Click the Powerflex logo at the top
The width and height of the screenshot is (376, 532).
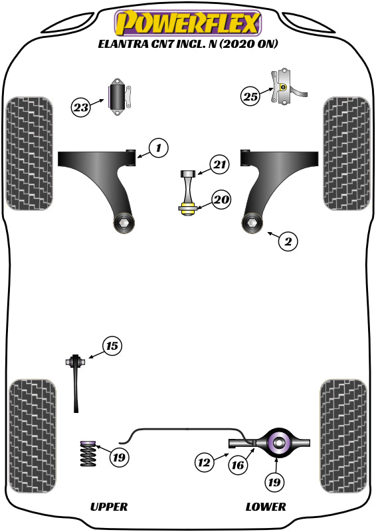(x=187, y=23)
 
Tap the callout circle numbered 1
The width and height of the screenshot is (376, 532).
(x=158, y=148)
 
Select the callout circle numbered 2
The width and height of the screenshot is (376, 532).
(x=288, y=241)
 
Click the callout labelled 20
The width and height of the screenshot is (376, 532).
(x=221, y=199)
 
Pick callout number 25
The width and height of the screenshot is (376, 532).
(x=250, y=97)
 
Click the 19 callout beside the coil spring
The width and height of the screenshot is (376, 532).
(x=119, y=458)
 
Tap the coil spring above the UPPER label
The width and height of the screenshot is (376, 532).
(x=88, y=457)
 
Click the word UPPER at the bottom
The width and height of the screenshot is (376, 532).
(x=108, y=507)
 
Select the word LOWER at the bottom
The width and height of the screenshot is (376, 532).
(x=266, y=507)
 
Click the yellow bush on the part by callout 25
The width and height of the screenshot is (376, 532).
(x=284, y=88)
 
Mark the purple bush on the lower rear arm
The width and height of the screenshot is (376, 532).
(x=278, y=442)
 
